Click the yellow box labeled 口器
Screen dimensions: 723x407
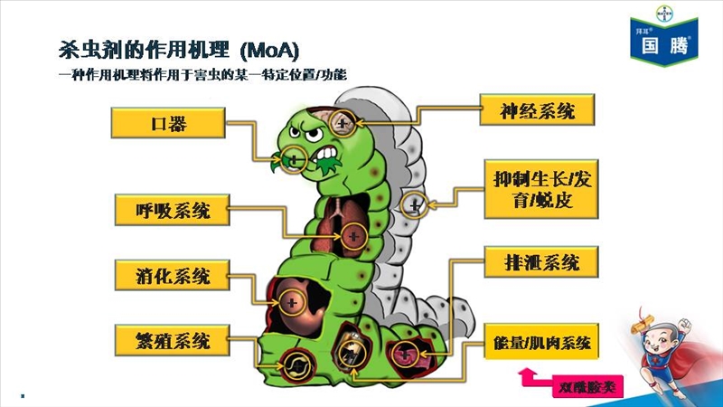pyautogui.click(x=168, y=123)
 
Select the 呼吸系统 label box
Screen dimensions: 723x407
pyautogui.click(x=173, y=210)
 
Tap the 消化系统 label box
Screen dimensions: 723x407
pyautogui.click(x=173, y=275)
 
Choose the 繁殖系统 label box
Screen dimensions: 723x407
pyautogui.click(x=173, y=341)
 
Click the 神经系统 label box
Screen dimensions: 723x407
pyautogui.click(x=537, y=109)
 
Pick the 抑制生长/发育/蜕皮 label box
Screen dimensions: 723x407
pyautogui.click(x=541, y=189)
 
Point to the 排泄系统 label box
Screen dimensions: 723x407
pyautogui.click(x=541, y=262)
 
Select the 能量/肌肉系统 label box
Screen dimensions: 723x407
pyautogui.click(x=541, y=342)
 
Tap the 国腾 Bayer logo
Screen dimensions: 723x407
pyautogui.click(x=664, y=36)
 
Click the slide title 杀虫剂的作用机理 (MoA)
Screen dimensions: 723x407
pyautogui.click(x=179, y=50)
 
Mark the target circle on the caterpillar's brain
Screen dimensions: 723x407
pyautogui.click(x=343, y=123)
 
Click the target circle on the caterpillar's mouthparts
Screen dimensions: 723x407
pyautogui.click(x=294, y=160)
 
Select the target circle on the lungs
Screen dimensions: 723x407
pyautogui.click(x=353, y=236)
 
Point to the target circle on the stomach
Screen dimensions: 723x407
pyautogui.click(x=292, y=303)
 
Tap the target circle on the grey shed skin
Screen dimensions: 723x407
pyautogui.click(x=414, y=205)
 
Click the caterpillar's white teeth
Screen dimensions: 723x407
pyautogui.click(x=327, y=153)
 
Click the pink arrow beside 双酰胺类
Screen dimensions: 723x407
pyautogui.click(x=535, y=376)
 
